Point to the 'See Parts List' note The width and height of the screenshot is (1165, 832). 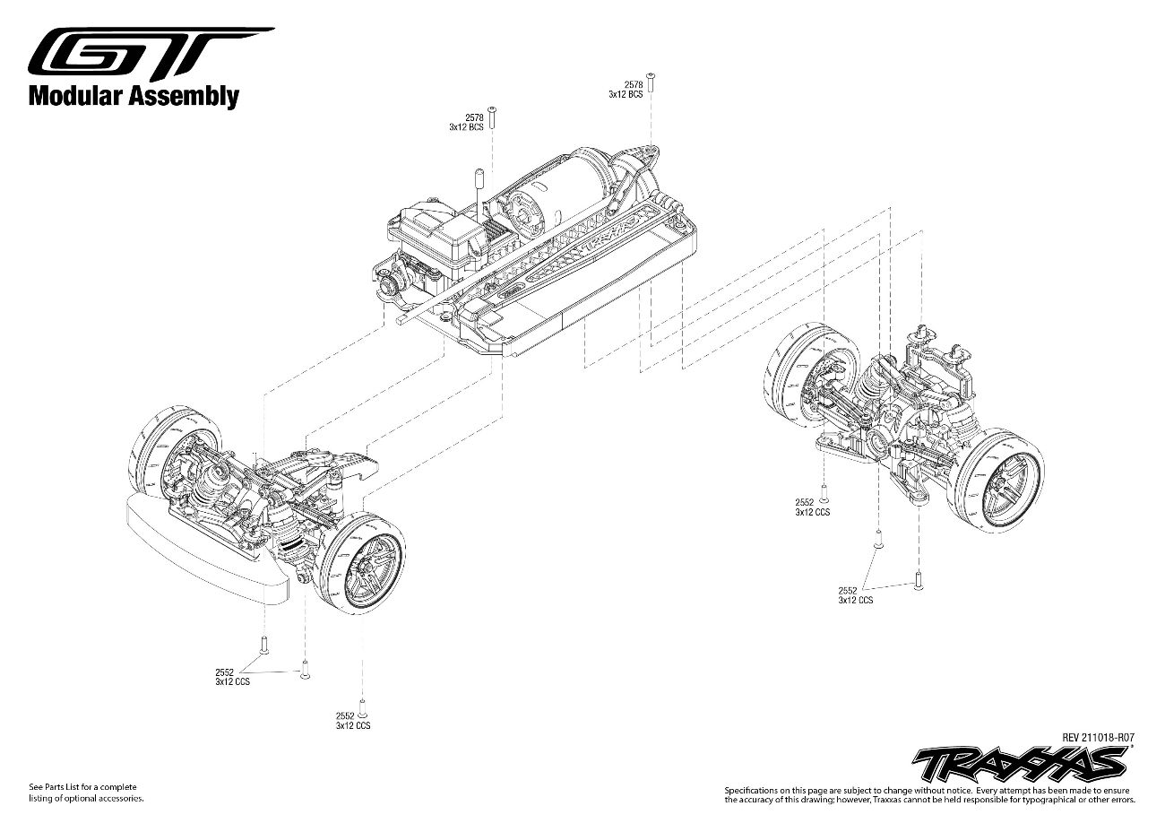point(83,787)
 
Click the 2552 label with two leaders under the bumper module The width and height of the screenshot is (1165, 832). point(231,677)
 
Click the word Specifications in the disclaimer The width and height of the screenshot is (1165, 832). point(753,789)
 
